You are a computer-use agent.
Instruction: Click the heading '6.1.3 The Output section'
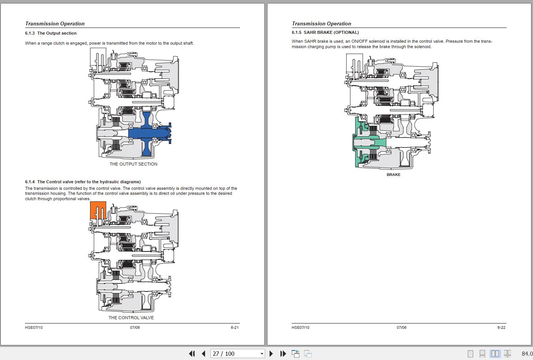[51, 33]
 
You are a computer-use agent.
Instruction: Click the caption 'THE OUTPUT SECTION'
[133, 164]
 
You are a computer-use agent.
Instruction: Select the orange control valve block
[98, 210]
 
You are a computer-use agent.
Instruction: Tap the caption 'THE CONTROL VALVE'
[131, 318]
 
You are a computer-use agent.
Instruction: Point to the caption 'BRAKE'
[393, 174]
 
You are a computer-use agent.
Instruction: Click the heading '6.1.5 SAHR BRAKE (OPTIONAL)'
[325, 32]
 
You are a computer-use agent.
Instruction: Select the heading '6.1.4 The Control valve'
[83, 182]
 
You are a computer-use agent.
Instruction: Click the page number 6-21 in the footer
[235, 327]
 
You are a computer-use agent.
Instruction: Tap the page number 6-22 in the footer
[501, 327]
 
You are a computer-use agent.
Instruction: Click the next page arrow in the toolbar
[271, 353]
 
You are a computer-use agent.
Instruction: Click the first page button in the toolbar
[192, 353]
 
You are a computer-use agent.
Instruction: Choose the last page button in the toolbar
[283, 353]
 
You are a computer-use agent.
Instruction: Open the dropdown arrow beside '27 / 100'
[262, 353]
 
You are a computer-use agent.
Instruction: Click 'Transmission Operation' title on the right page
[321, 23]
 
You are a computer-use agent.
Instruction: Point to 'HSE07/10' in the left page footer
[34, 327]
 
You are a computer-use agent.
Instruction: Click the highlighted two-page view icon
[495, 353]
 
